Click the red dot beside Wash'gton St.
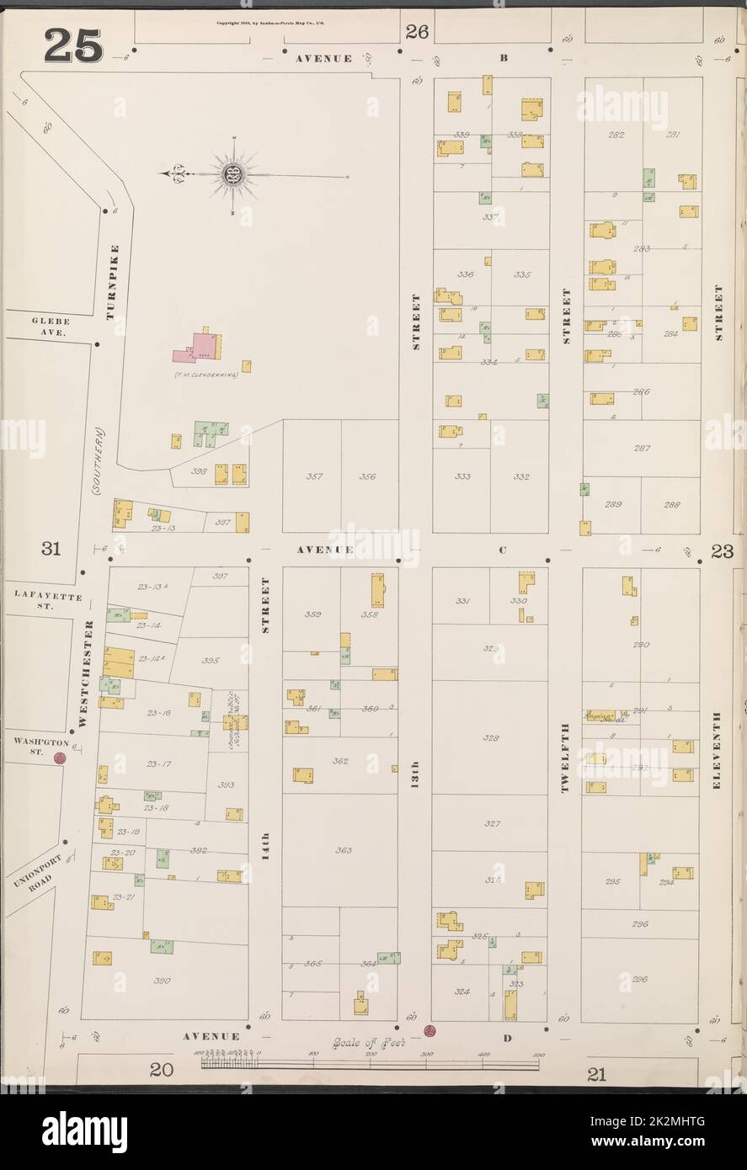tap(60, 758)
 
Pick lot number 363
tap(343, 850)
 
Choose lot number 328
tap(491, 737)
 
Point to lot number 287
tap(642, 449)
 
